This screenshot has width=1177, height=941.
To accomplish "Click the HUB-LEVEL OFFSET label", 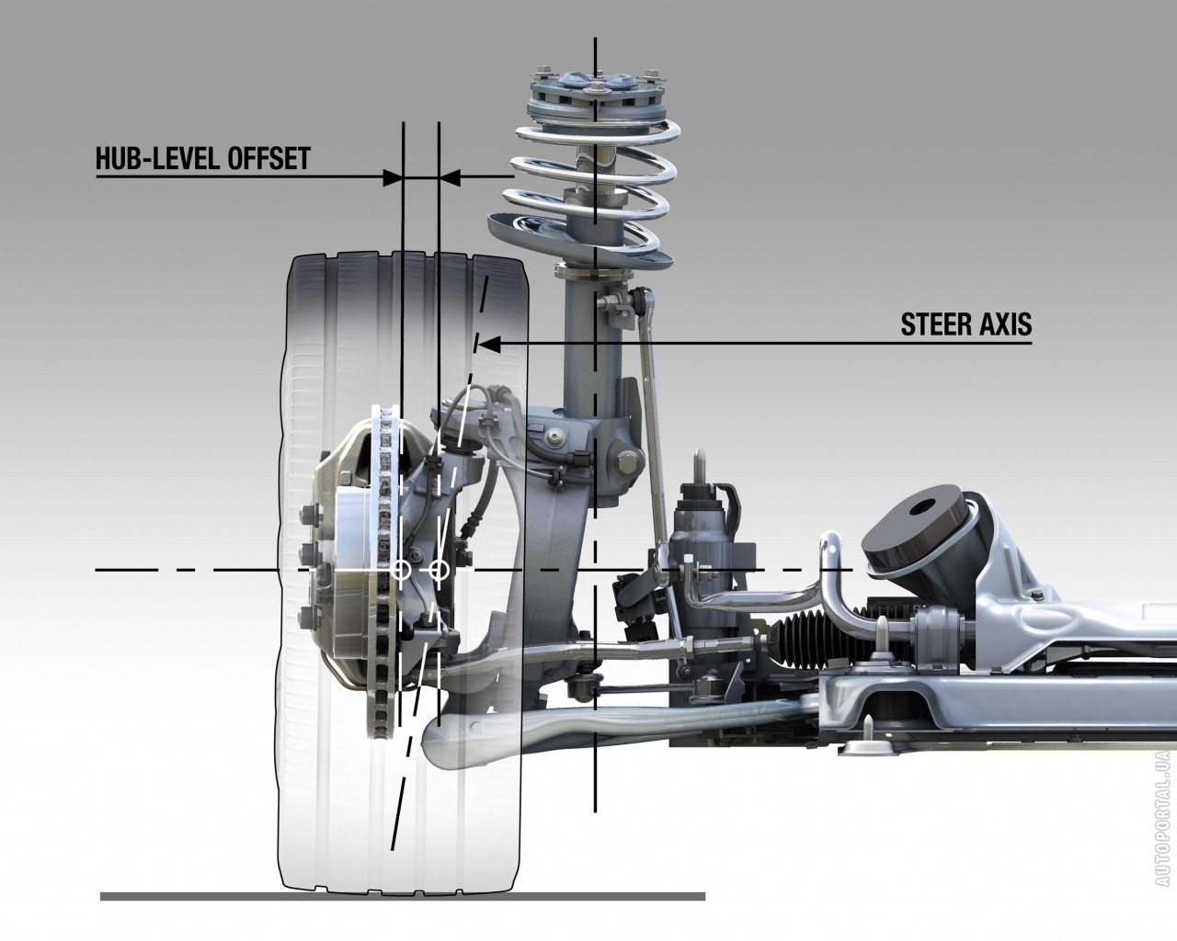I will (x=202, y=159).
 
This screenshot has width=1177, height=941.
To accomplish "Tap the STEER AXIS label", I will (x=966, y=325).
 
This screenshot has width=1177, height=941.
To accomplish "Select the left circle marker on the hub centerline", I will (x=401, y=570).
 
